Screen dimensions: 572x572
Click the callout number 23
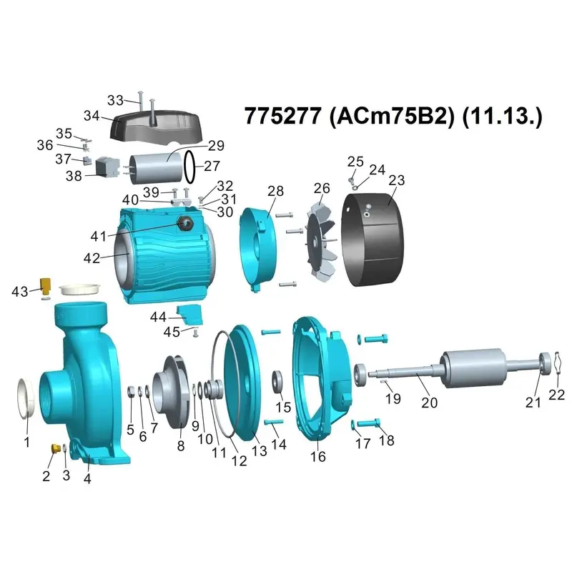click(x=397, y=180)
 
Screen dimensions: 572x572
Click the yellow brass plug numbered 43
click(x=46, y=287)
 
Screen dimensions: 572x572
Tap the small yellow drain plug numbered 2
click(x=56, y=448)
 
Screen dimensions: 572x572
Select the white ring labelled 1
click(x=26, y=398)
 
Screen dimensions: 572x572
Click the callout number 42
click(x=92, y=258)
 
